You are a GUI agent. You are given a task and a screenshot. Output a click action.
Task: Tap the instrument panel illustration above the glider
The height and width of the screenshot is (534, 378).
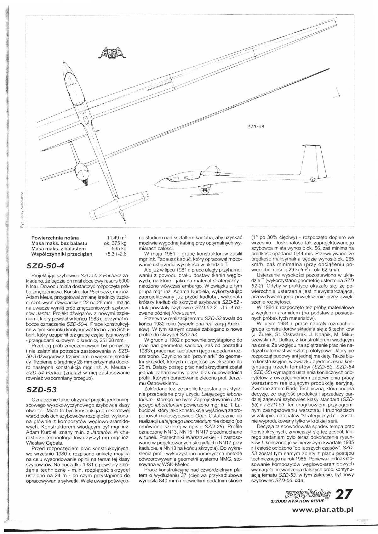click(x=113, y=53)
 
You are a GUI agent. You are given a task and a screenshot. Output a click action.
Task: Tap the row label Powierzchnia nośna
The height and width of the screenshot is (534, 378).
click(x=55, y=238)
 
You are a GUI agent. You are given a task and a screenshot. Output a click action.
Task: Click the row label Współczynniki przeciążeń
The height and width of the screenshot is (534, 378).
click(x=61, y=254)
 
